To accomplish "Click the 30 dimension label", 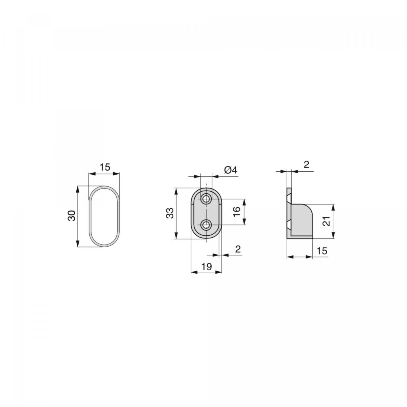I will coord(72,216).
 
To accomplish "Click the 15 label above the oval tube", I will coord(105,167).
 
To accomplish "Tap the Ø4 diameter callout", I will coord(230,170).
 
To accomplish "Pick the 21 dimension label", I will coord(326,222).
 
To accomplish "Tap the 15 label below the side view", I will coord(322,251).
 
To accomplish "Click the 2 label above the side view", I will coord(306,165).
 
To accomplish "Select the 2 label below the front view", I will coord(237,249).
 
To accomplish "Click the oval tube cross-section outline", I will coord(90,217).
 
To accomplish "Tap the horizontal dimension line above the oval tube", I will coord(104,174).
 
